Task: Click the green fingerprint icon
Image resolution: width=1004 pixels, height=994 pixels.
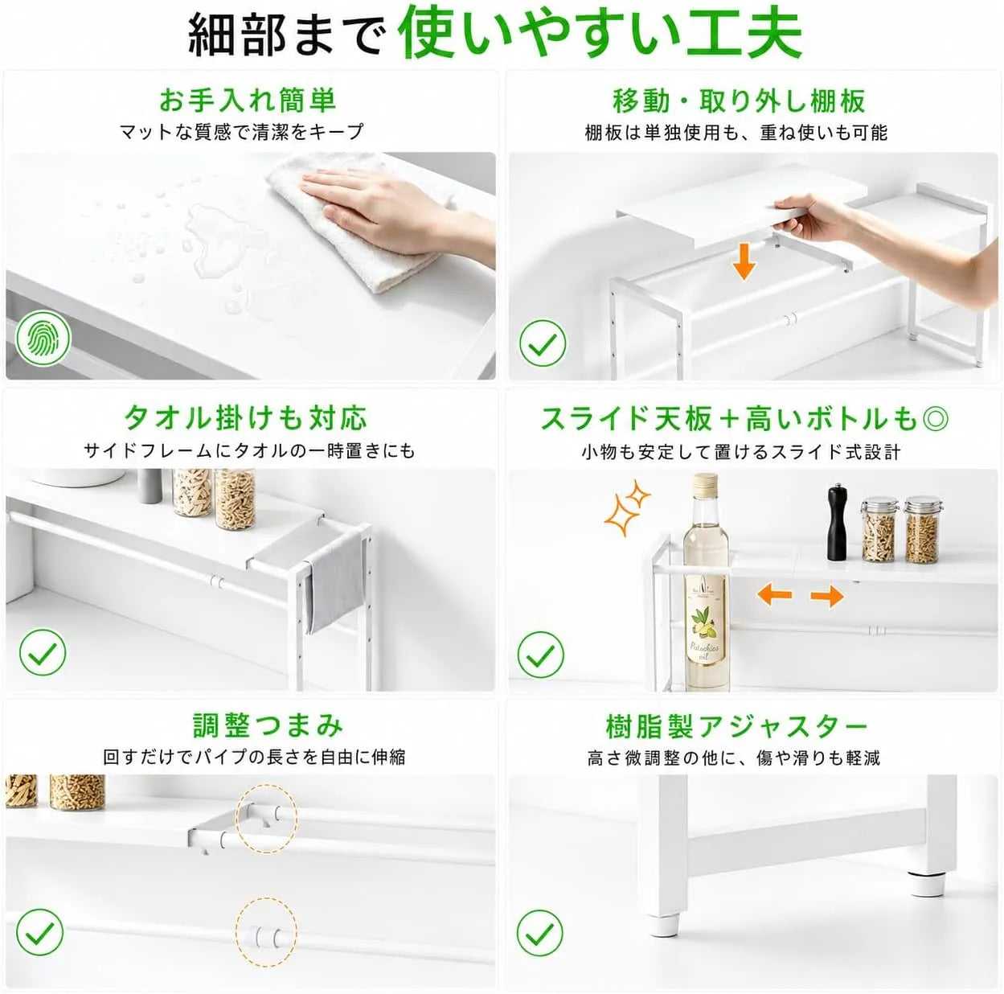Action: tap(43, 338)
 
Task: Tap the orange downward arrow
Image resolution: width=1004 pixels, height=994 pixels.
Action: tap(744, 262)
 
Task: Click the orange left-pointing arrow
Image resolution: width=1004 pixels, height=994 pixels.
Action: tap(774, 594)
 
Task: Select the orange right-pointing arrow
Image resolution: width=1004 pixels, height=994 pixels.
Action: tap(827, 596)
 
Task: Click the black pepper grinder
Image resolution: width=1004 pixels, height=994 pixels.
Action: tap(837, 522)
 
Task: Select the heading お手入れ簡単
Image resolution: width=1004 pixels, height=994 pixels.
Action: tap(248, 101)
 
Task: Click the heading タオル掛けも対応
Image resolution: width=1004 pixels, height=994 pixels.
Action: tap(245, 418)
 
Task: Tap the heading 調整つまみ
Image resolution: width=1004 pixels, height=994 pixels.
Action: tap(268, 725)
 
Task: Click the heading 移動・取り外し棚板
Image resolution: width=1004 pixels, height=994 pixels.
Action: tap(739, 101)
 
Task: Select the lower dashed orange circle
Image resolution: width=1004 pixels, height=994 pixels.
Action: tap(266, 931)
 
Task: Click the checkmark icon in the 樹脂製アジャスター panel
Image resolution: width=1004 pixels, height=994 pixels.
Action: tap(540, 933)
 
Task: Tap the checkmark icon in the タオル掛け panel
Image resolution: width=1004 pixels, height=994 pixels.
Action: tap(43, 652)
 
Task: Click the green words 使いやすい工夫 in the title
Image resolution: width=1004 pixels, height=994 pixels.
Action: tap(600, 32)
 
